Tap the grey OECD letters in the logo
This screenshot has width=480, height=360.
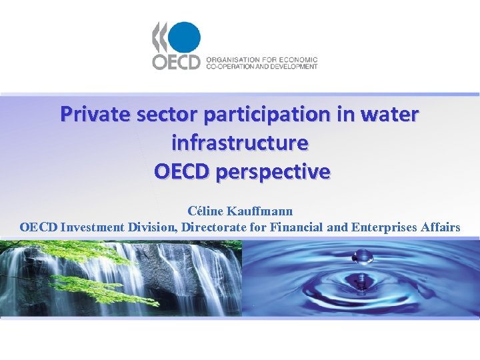[176, 62]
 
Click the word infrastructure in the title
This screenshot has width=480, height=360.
[240, 143]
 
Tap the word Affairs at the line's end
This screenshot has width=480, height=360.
[439, 227]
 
